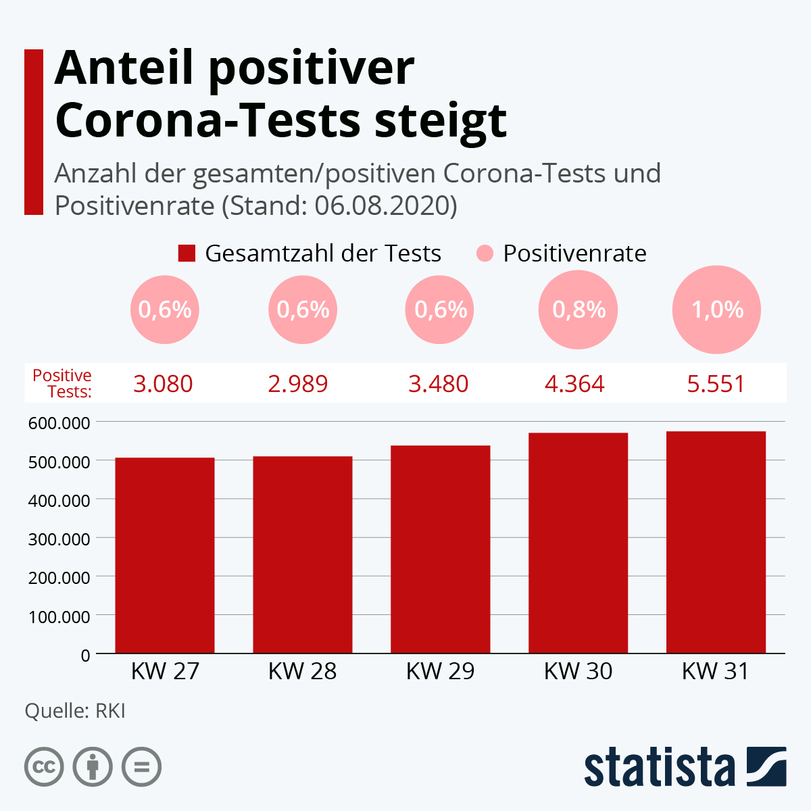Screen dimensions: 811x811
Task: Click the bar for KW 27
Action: point(165,555)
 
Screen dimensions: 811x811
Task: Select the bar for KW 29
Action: point(441,549)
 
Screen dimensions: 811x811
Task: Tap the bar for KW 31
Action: point(716,542)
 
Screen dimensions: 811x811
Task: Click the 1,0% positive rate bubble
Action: point(717,310)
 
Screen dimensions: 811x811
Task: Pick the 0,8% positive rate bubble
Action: point(579,310)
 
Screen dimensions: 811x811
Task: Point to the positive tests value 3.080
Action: point(163,384)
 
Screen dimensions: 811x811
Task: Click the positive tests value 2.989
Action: point(298,384)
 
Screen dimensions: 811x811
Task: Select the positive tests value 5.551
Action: point(716,384)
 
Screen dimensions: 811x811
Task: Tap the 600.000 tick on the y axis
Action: point(59,423)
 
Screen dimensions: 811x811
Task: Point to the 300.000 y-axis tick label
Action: point(59,539)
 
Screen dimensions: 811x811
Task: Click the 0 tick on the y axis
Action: point(85,656)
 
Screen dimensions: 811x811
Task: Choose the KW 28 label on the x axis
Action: point(302,671)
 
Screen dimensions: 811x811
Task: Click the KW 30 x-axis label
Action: point(578,671)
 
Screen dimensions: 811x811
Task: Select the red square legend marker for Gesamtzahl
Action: point(187,253)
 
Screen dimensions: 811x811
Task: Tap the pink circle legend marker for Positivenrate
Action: point(485,253)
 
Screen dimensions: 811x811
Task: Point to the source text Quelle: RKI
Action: point(75,711)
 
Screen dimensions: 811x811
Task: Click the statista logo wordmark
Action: point(659,767)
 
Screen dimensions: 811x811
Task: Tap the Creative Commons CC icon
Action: point(44,767)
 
